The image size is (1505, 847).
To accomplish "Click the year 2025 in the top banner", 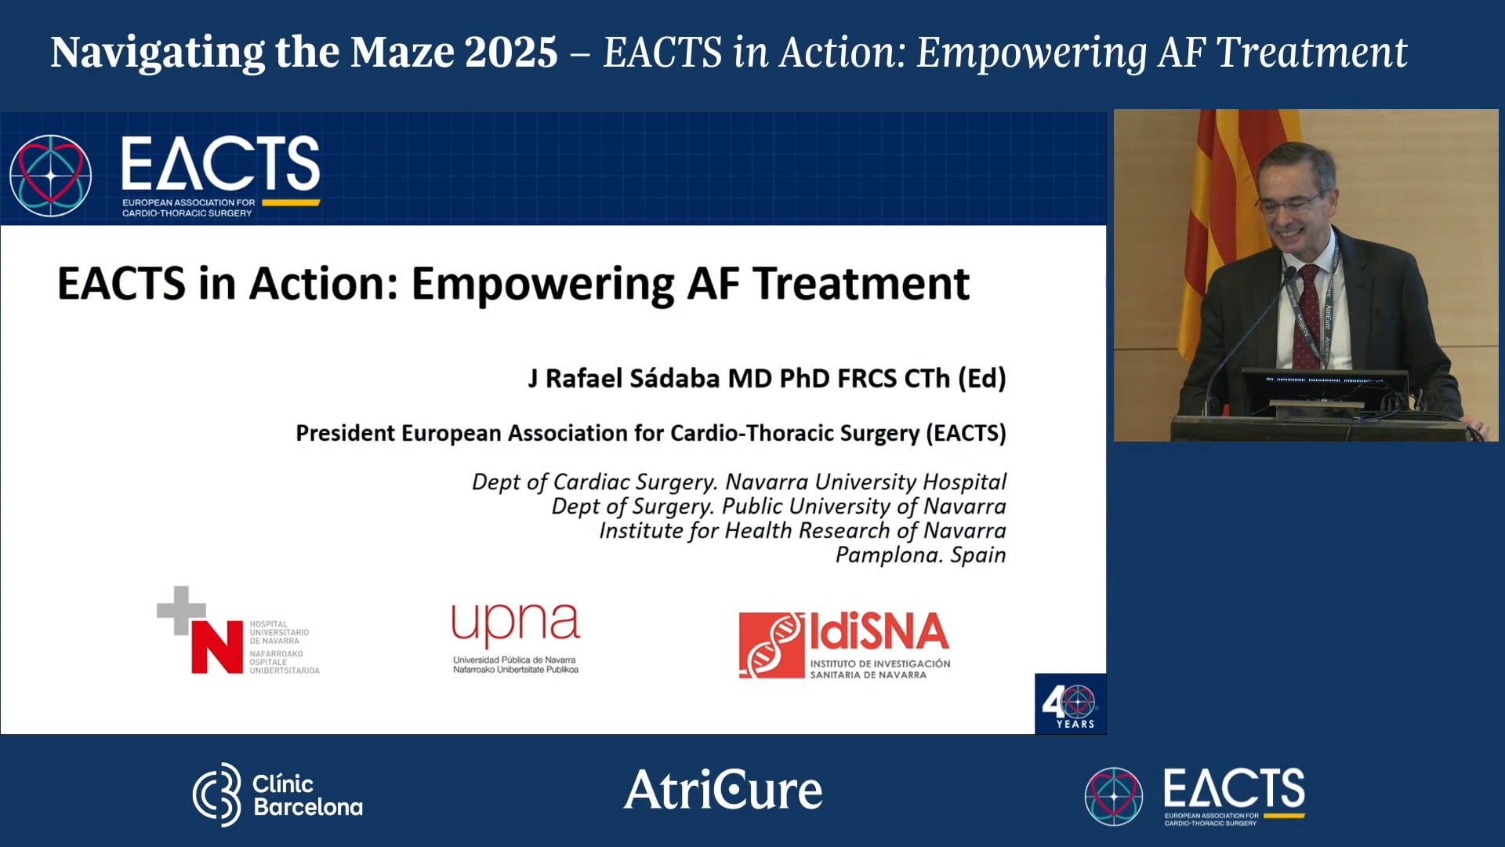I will [510, 52].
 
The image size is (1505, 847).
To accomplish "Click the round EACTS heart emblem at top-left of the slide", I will [51, 175].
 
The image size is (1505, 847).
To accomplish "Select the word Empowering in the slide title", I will [542, 284].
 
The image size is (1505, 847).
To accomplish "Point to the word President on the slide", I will [347, 433].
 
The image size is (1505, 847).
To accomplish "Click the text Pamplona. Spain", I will [920, 554].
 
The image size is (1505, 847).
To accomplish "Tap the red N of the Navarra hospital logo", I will [217, 647].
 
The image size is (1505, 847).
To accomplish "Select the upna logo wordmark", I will [515, 625].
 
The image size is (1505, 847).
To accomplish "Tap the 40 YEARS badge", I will [1070, 703].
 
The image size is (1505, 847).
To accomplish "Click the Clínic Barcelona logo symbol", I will [217, 794].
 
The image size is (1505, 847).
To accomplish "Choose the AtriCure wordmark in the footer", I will [723, 790].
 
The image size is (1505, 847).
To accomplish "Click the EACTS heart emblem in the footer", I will [1113, 796].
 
